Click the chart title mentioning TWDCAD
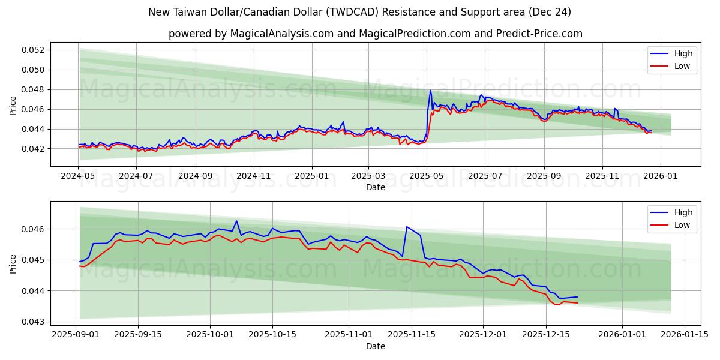360,12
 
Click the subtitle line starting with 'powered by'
375,34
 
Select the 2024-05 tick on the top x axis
78,177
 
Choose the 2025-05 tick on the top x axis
427,177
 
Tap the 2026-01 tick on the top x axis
661,177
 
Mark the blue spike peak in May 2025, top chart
430,91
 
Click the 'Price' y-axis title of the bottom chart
13,263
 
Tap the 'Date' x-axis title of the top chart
375,187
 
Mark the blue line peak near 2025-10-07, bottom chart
236,221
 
